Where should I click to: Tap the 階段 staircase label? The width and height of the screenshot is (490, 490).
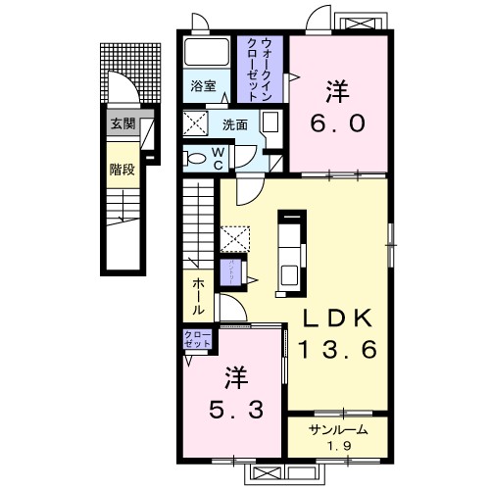121,168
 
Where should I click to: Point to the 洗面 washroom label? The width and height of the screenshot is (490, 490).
234,124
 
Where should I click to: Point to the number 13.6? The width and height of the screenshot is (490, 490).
337,350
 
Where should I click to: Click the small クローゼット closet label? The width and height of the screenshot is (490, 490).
197,340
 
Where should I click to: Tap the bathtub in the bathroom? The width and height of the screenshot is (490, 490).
205,53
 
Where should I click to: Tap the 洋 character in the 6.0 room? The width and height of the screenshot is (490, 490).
338,90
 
